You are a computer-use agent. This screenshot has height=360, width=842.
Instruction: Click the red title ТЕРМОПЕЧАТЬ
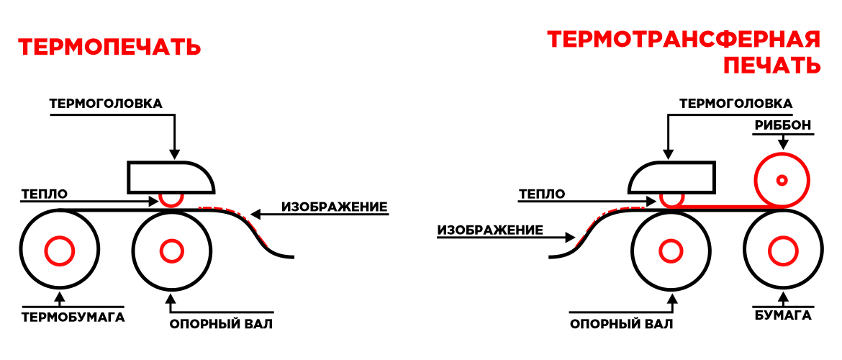click(109, 48)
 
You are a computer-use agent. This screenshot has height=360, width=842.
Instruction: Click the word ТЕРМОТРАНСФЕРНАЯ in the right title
click(684, 40)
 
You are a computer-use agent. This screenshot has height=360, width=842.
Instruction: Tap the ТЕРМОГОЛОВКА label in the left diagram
click(106, 103)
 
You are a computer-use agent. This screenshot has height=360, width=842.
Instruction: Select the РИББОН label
click(782, 126)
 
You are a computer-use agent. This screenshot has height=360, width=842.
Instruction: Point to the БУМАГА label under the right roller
click(783, 315)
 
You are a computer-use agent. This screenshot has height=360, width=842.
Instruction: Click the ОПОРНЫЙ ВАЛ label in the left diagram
click(221, 324)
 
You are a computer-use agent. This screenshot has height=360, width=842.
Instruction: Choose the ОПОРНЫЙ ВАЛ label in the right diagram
click(622, 324)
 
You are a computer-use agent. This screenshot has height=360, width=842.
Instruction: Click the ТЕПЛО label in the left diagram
click(44, 194)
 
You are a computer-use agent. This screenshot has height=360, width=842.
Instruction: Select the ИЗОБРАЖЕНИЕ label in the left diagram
click(335, 207)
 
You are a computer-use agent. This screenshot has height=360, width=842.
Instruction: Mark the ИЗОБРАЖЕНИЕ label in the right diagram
click(489, 230)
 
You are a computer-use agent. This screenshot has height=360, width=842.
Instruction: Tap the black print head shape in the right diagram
click(671, 177)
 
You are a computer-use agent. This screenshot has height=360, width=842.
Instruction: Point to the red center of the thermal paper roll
click(59, 251)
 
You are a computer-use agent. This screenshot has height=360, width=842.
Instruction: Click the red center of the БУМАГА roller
click(783, 251)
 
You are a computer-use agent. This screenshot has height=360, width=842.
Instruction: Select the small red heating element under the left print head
click(171, 199)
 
